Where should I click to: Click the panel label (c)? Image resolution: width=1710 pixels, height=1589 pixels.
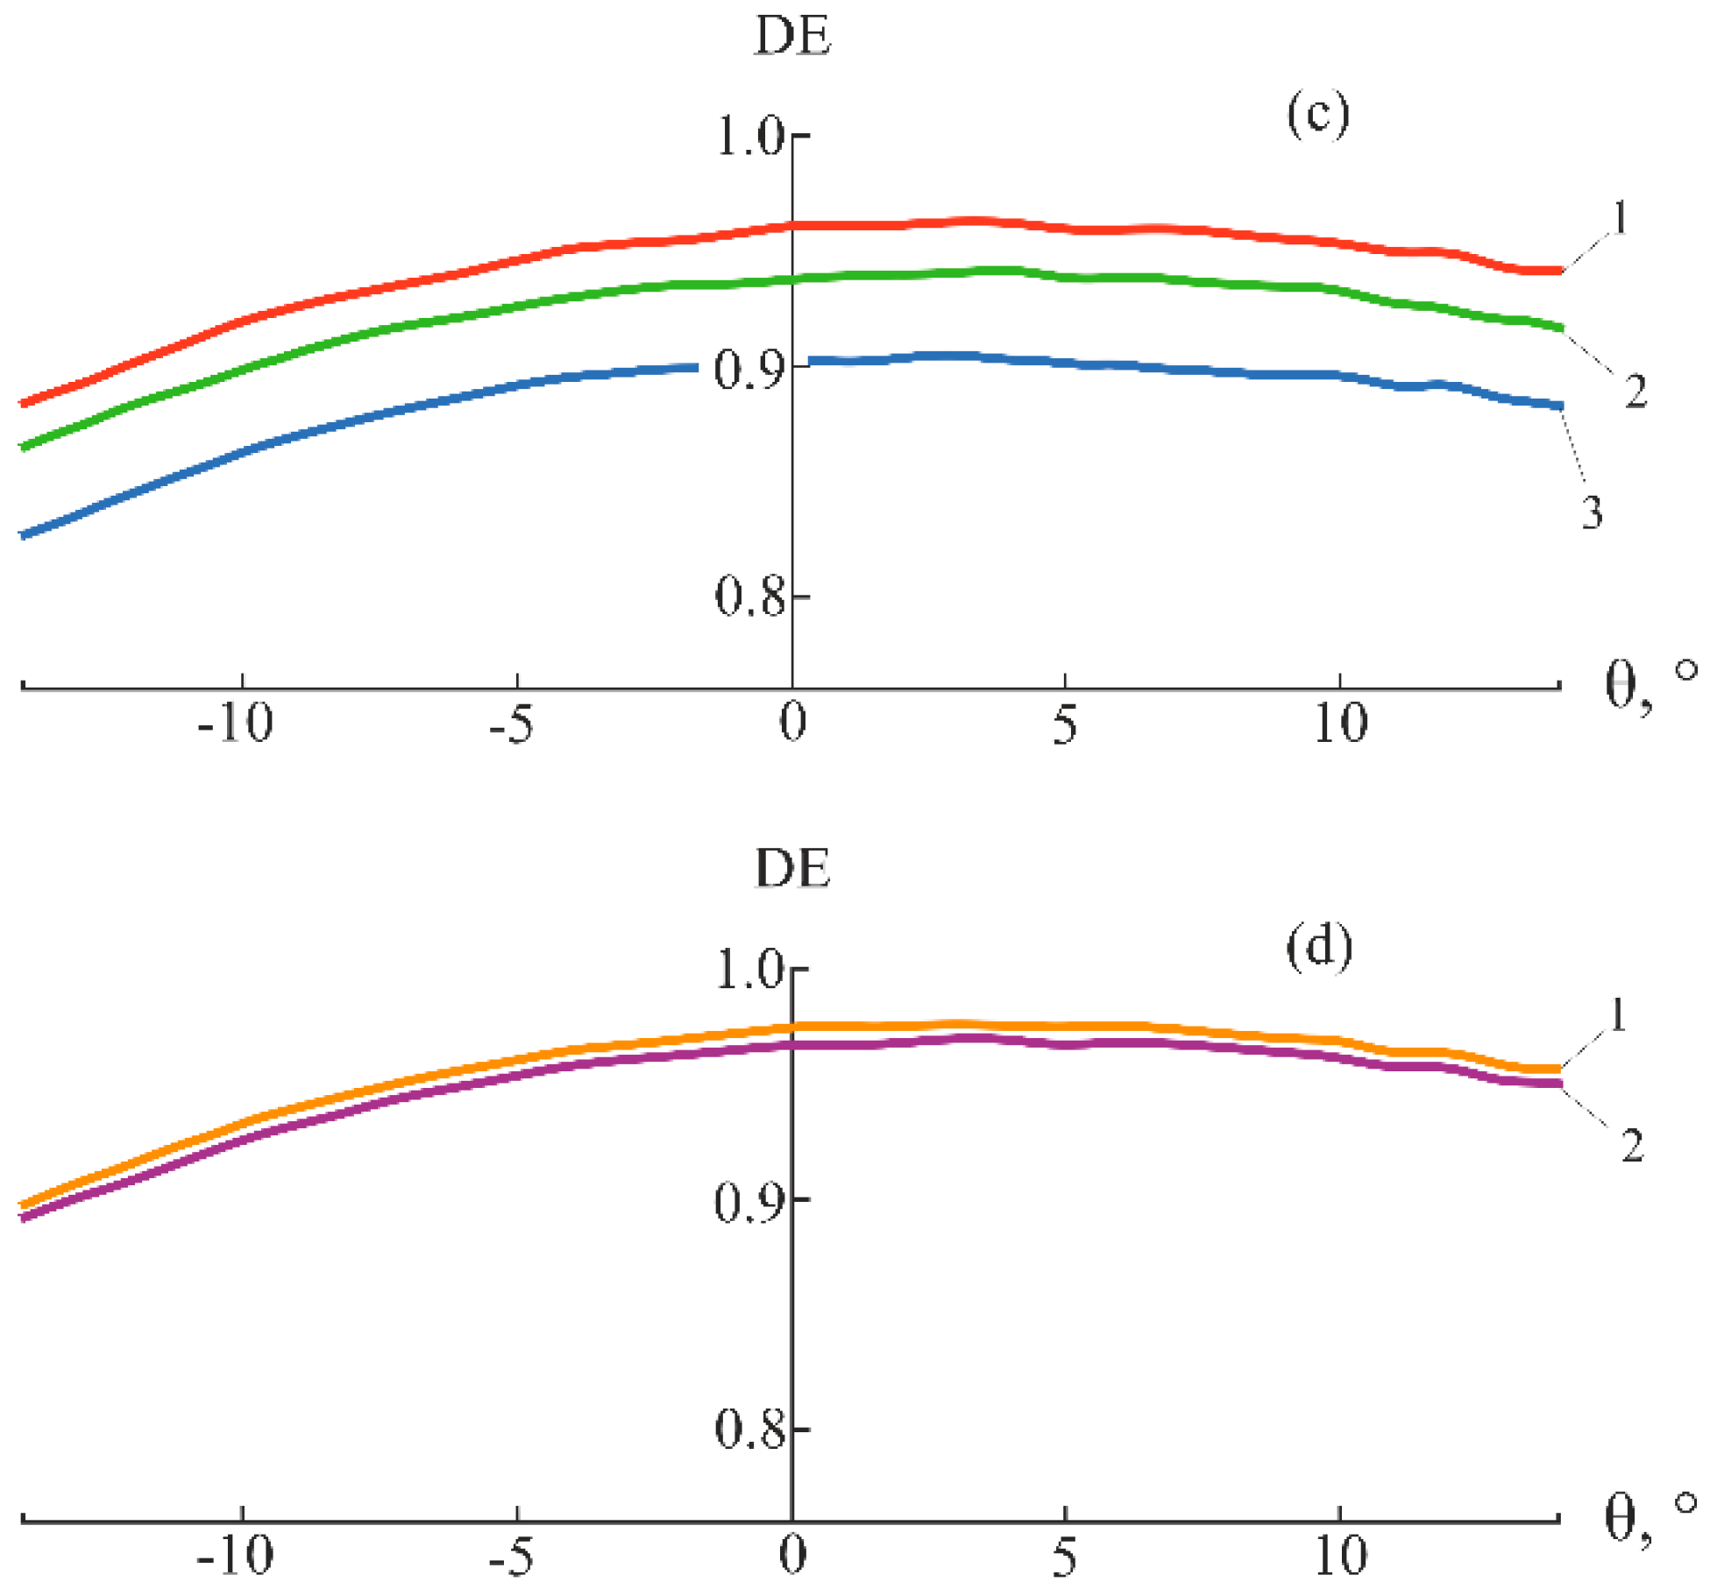pyautogui.click(x=1317, y=116)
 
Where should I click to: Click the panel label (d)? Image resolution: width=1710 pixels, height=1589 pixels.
pyautogui.click(x=1318, y=948)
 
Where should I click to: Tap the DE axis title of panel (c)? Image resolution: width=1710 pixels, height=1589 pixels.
pyautogui.click(x=792, y=39)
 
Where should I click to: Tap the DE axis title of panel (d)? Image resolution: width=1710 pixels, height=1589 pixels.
pyautogui.click(x=792, y=870)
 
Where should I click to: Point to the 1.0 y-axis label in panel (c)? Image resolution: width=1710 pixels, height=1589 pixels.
pyautogui.click(x=750, y=138)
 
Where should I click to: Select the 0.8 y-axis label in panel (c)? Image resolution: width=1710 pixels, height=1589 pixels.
pyautogui.click(x=750, y=597)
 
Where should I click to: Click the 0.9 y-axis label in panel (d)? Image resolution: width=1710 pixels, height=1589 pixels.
pyautogui.click(x=750, y=1203)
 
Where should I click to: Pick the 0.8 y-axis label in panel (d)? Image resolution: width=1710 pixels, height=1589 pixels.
pyautogui.click(x=750, y=1429)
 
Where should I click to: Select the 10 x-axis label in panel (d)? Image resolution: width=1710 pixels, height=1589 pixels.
pyautogui.click(x=1340, y=1557)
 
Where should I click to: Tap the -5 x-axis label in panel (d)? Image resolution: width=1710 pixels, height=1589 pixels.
pyautogui.click(x=511, y=1557)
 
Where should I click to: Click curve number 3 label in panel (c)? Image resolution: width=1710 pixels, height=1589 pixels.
pyautogui.click(x=1593, y=513)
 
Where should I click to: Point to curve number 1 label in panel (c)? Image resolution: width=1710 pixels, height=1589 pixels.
pyautogui.click(x=1619, y=218)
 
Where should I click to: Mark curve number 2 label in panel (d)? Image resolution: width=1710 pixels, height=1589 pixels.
pyautogui.click(x=1632, y=1146)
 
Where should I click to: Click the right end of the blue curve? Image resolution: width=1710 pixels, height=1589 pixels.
pyautogui.click(x=1561, y=406)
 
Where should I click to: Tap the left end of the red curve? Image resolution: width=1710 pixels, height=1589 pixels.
pyautogui.click(x=24, y=404)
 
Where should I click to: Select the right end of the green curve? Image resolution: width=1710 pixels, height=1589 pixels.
pyautogui.click(x=1561, y=328)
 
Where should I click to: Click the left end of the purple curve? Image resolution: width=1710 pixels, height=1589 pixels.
pyautogui.click(x=24, y=1218)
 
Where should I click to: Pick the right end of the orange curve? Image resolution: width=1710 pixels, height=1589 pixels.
pyautogui.click(x=1559, y=1070)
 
